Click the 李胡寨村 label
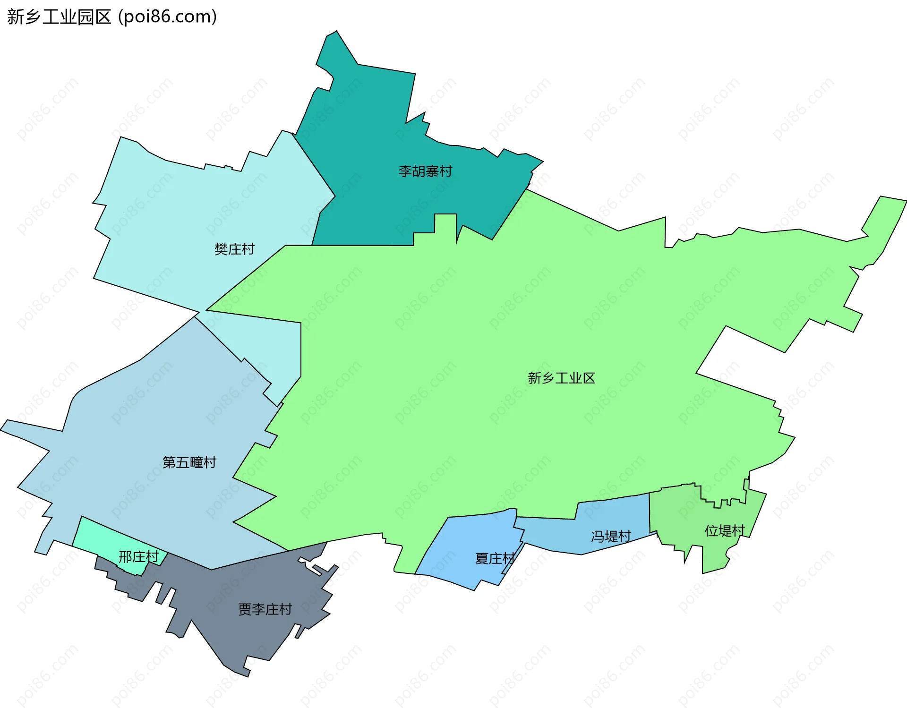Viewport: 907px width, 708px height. coord(425,171)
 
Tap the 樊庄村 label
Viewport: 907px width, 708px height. coord(234,249)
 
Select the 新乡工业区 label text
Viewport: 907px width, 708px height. coord(561,378)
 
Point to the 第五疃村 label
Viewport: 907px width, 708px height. coord(189,462)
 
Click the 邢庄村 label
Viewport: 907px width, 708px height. coord(138,557)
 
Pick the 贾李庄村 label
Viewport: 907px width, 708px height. coord(265,609)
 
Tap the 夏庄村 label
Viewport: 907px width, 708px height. coord(494,558)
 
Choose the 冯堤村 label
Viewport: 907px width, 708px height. coord(610,536)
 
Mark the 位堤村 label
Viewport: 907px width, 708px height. coord(724,531)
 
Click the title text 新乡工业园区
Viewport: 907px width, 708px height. coord(59,17)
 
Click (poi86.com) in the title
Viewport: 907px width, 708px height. coord(168,17)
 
